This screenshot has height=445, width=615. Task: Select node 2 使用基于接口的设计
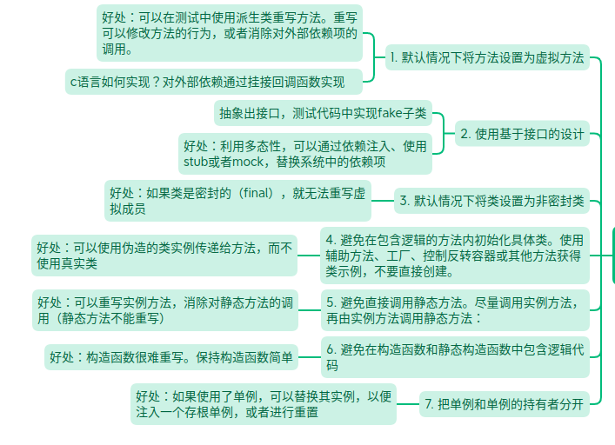(x=522, y=134)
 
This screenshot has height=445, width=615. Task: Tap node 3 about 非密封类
(x=491, y=201)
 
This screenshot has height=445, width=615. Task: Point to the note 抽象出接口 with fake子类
(x=323, y=113)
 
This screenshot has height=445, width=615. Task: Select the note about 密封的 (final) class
(x=237, y=201)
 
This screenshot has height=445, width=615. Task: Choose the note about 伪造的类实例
(x=164, y=256)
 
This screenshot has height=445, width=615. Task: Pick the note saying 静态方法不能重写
(x=164, y=310)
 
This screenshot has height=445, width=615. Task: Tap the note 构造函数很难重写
(x=171, y=357)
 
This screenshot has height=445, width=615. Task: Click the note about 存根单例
(x=263, y=404)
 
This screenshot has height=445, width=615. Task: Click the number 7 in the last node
(x=428, y=403)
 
